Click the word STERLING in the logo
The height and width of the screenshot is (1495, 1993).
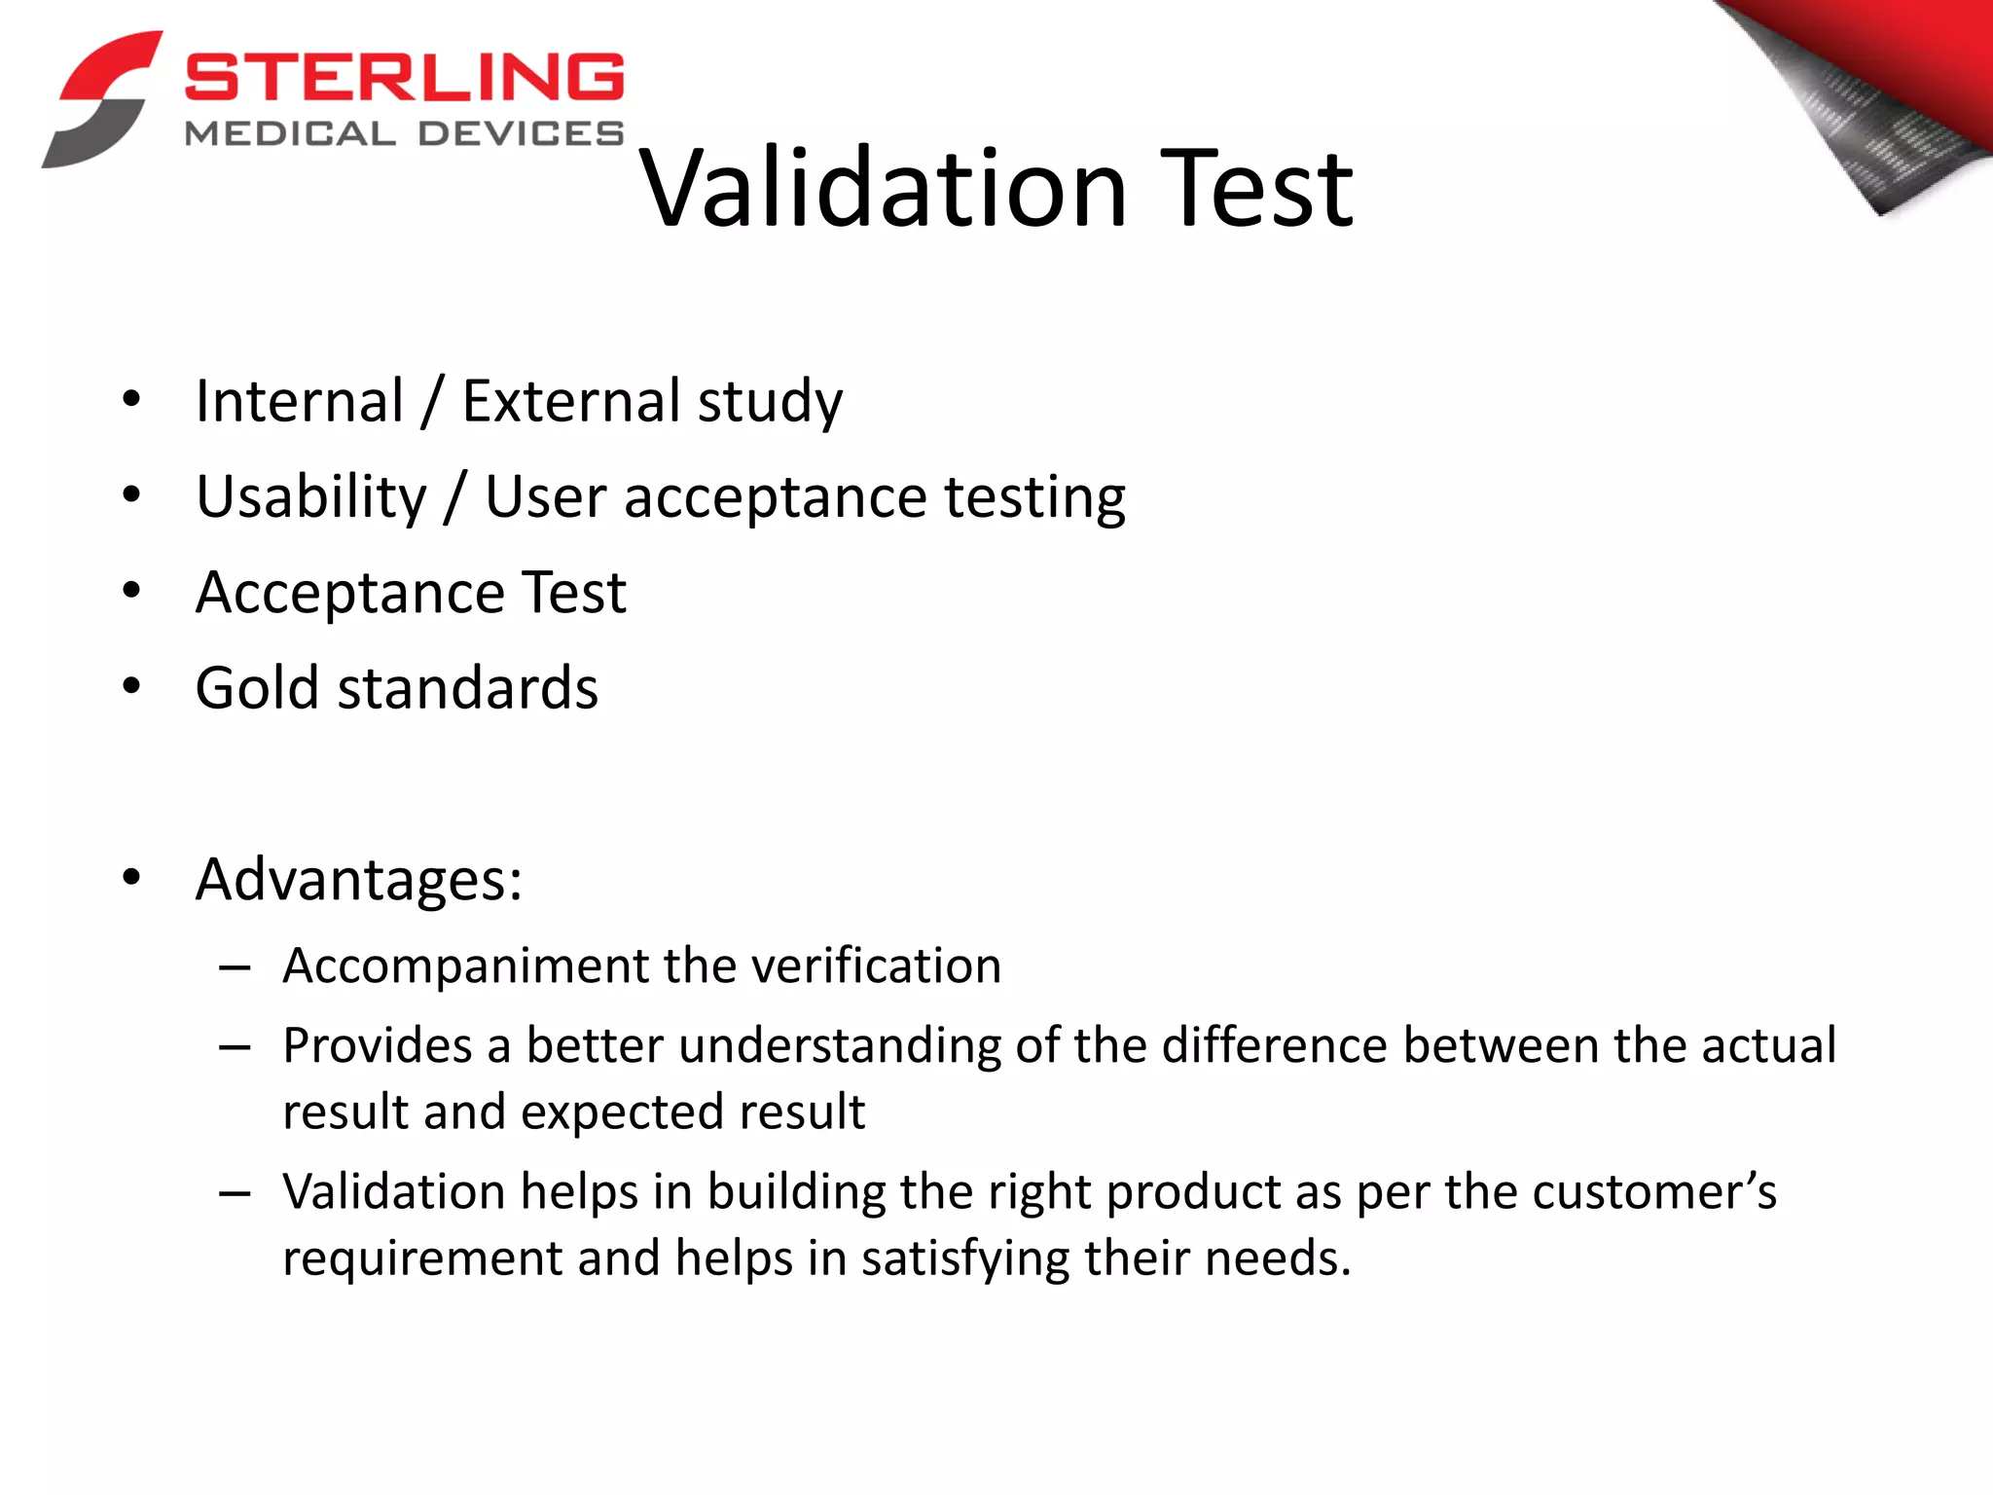coord(404,77)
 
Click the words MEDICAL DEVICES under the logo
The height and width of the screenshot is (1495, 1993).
coord(404,134)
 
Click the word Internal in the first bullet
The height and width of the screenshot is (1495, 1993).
coord(300,401)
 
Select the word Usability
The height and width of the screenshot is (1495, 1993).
coord(311,498)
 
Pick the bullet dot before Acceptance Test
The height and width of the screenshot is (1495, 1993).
coord(131,591)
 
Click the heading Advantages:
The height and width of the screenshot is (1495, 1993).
coord(359,880)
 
